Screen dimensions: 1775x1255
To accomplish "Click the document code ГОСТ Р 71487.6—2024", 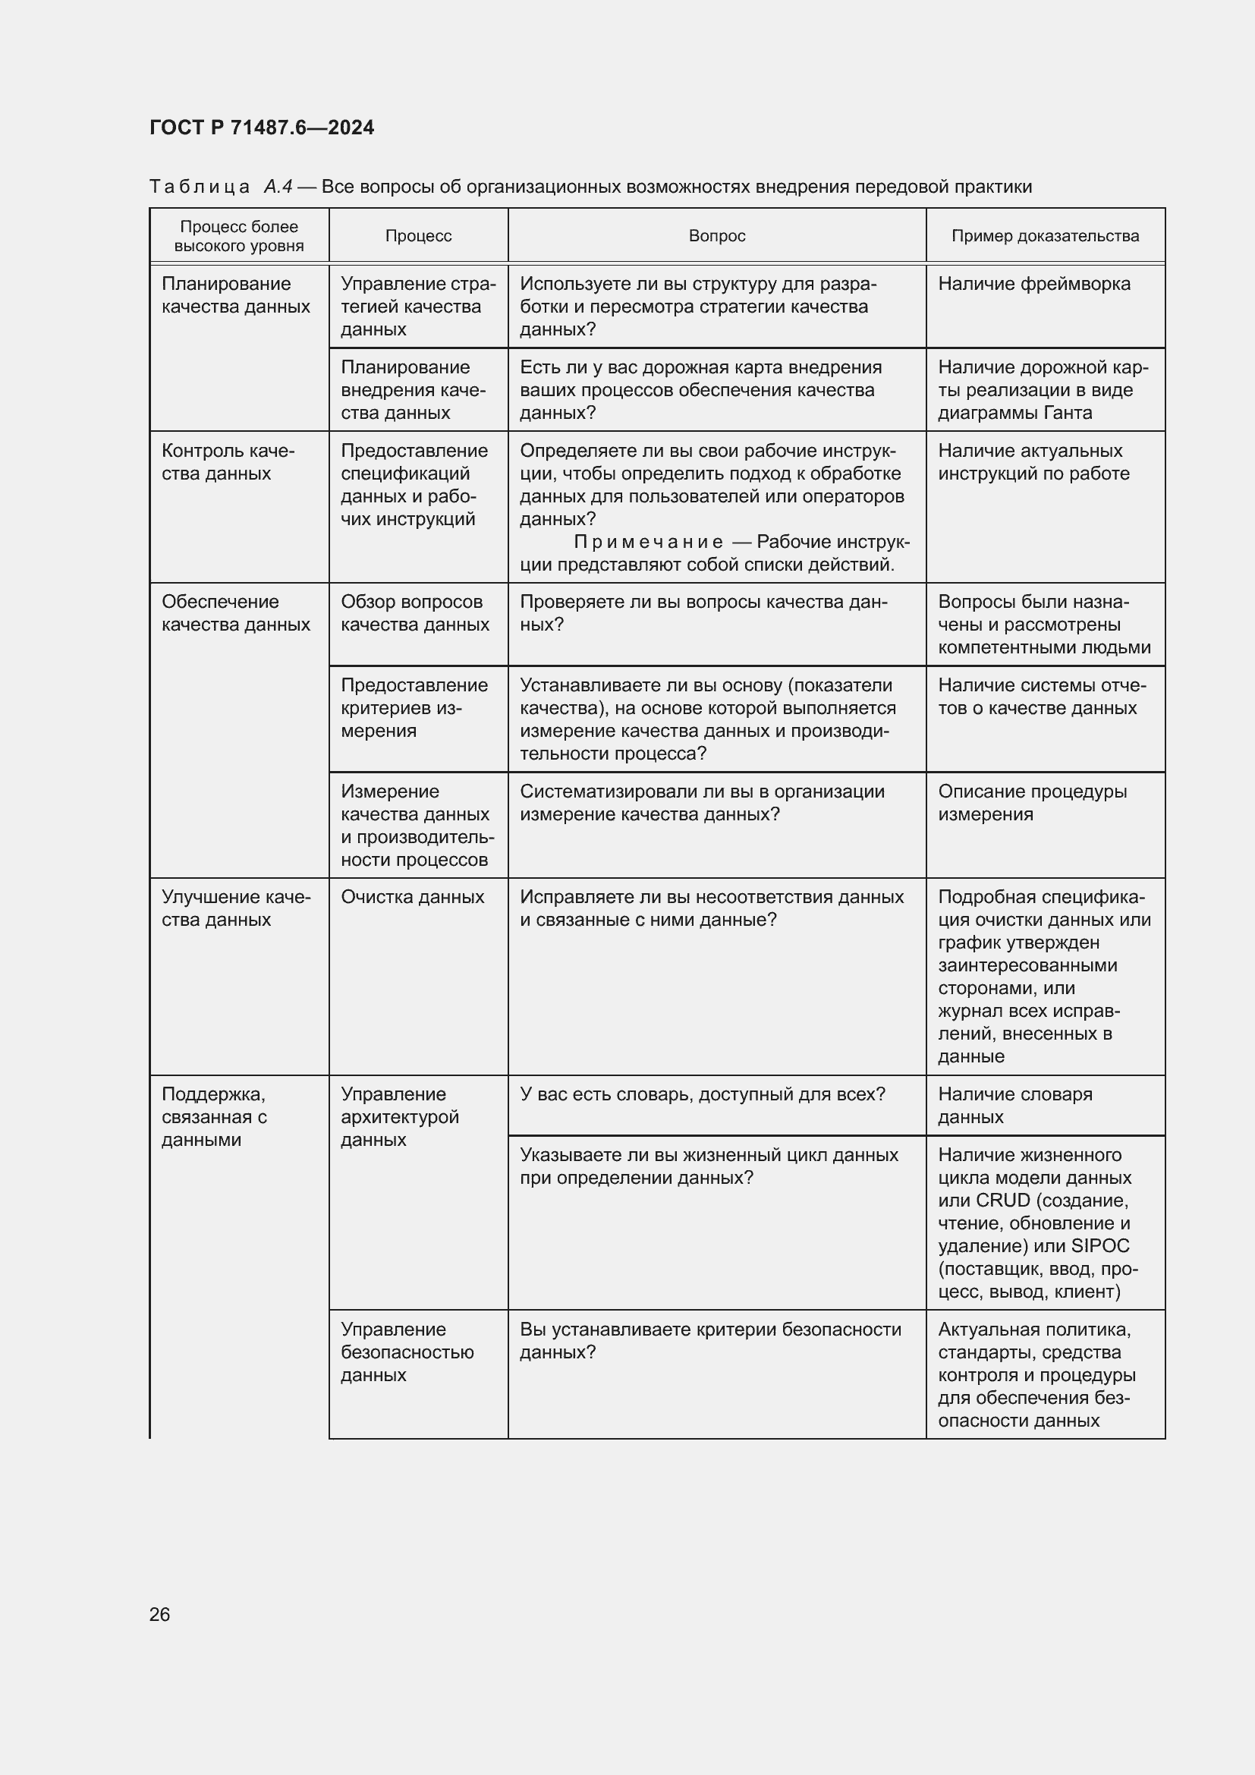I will click(261, 127).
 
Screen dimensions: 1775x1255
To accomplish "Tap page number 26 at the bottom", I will click(160, 1614).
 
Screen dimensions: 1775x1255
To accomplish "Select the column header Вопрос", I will click(716, 236).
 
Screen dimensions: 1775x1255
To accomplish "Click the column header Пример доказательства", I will click(1045, 236).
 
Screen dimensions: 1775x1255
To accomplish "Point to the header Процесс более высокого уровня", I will click(239, 236).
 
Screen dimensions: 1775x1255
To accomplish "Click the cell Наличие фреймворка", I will click(1034, 284).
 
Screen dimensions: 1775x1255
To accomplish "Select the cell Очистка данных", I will click(413, 897).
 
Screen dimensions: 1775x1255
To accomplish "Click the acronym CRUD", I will click(1003, 1200).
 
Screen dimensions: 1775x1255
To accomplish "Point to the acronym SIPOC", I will click(1100, 1245).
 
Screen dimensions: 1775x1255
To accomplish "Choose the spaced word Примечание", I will click(648, 542).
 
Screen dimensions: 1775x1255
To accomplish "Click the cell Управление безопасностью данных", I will click(407, 1352).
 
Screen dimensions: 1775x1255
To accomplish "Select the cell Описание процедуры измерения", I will click(1033, 802).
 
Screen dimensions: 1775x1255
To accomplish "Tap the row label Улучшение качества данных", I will click(236, 908).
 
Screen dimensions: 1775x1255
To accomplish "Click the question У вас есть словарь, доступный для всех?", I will click(703, 1094).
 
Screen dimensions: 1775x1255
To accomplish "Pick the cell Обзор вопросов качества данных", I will click(415, 613).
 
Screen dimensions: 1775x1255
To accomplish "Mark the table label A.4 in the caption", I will click(278, 187).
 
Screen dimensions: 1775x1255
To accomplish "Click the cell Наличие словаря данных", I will click(1014, 1106).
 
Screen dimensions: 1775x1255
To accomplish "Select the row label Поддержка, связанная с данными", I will click(214, 1116).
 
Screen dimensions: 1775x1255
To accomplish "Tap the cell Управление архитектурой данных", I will click(400, 1116).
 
